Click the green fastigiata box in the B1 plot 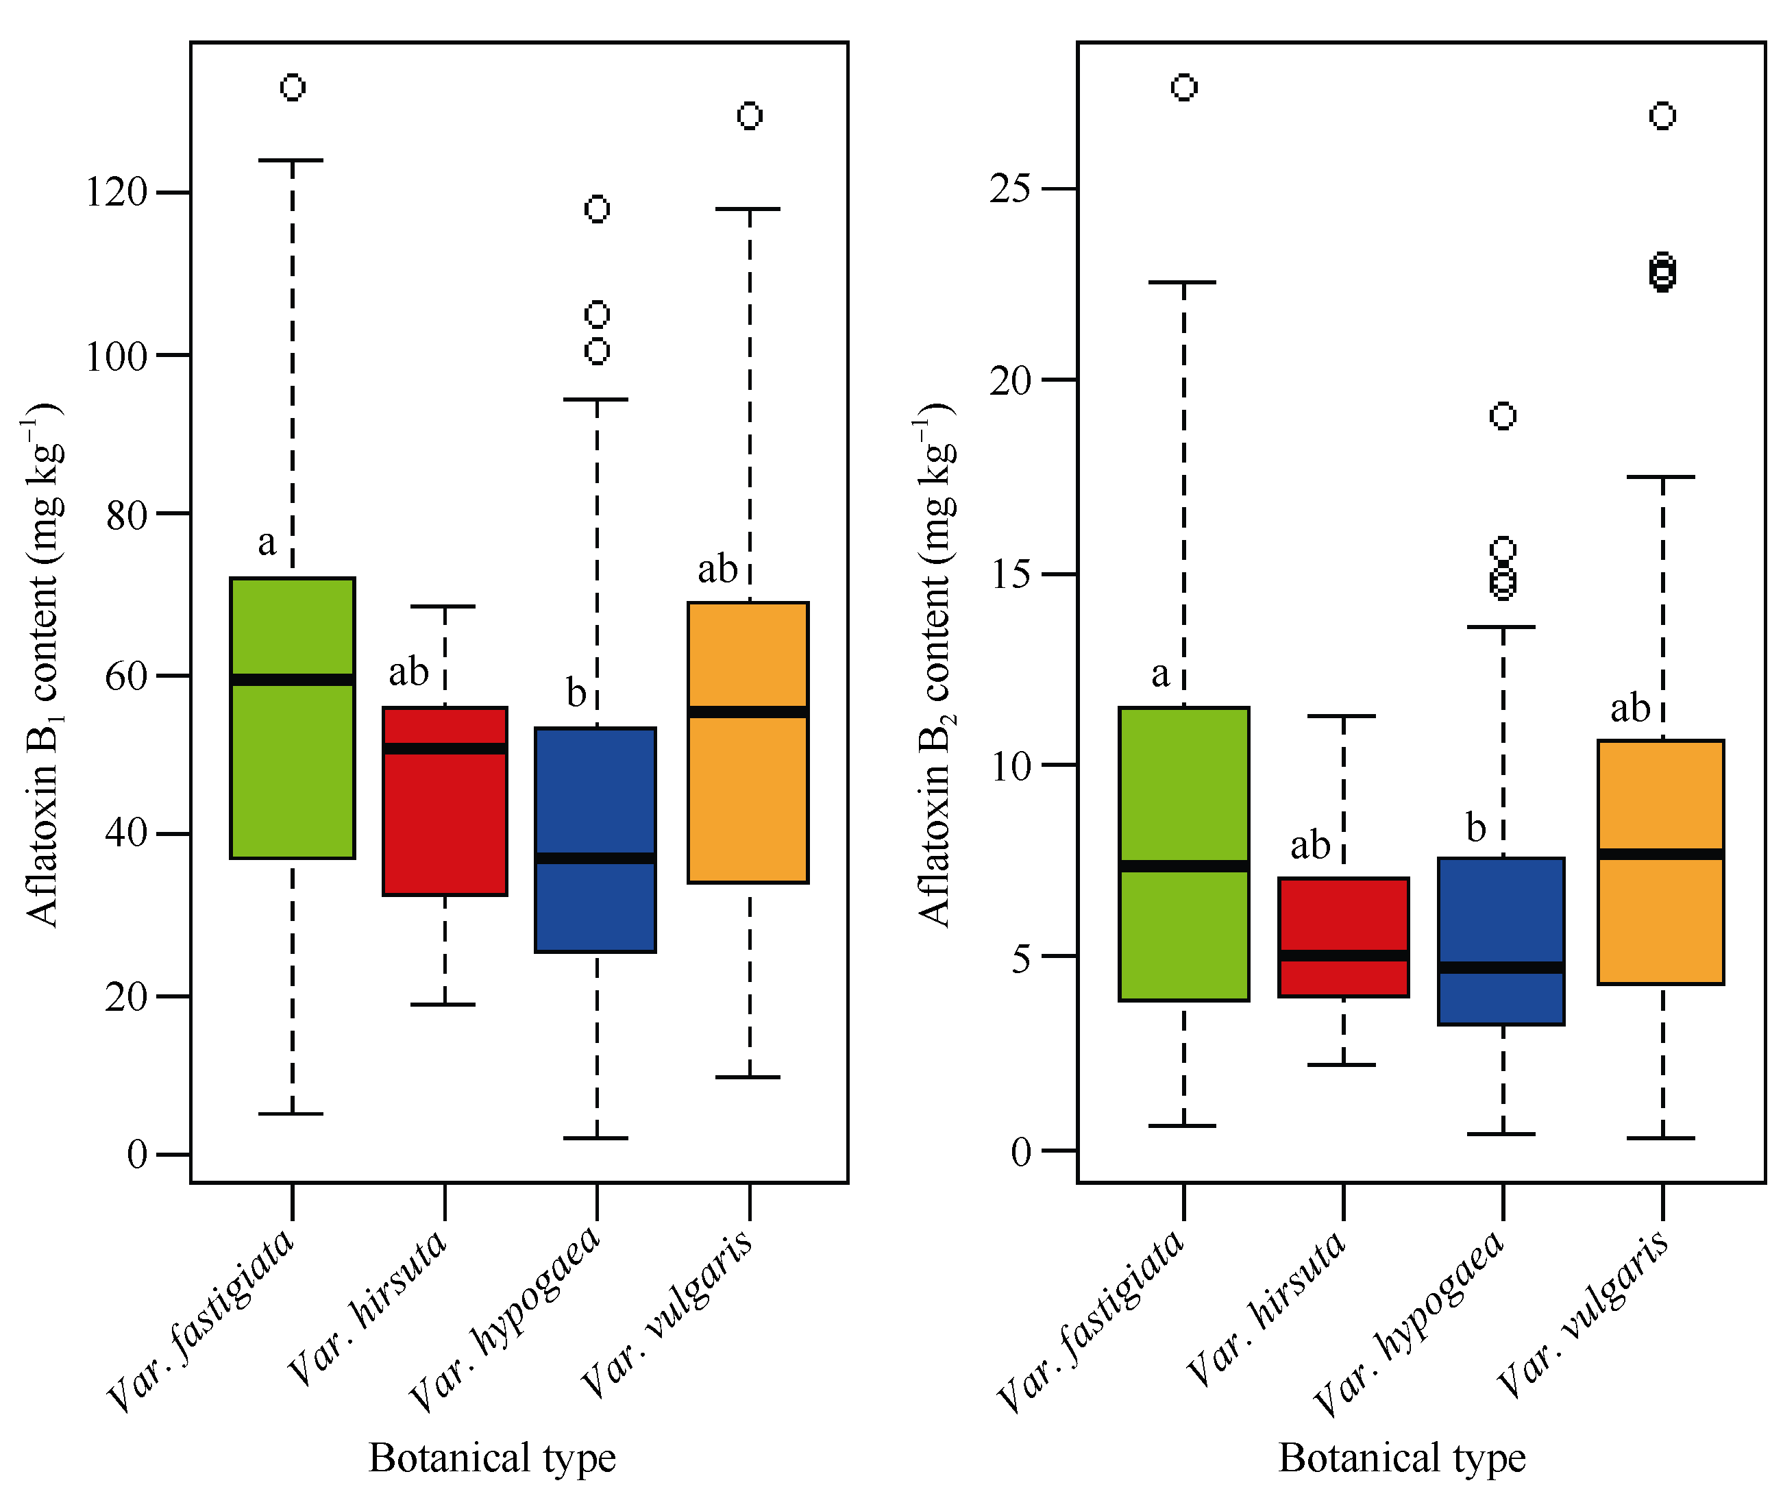(x=292, y=764)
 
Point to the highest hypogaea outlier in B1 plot (x=597, y=209)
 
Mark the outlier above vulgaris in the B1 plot (x=750, y=116)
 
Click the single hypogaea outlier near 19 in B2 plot (x=1503, y=416)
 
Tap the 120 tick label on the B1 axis (x=116, y=193)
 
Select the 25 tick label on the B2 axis (x=1009, y=188)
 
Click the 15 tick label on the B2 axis (x=1009, y=574)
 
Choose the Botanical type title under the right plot (x=1402, y=1457)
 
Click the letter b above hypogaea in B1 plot (x=576, y=693)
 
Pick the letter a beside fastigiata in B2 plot (x=1160, y=674)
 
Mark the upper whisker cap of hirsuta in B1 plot (x=445, y=606)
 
